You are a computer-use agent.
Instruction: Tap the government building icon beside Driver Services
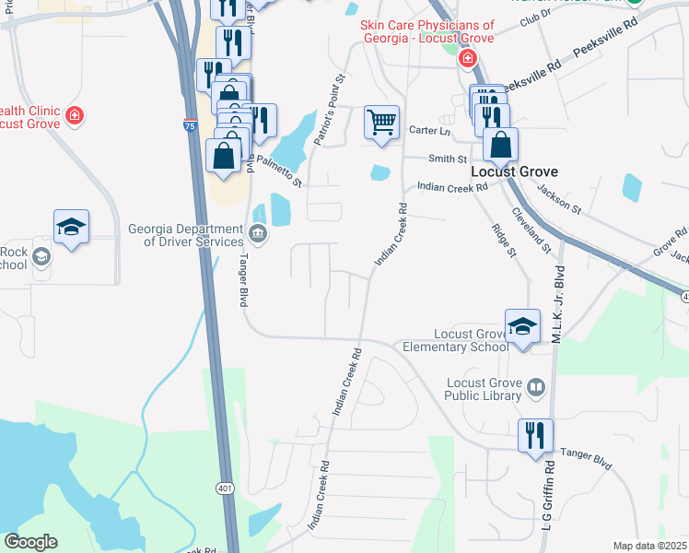pos(259,234)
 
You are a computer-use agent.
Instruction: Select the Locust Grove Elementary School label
pos(455,340)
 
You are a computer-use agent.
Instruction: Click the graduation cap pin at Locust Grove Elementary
pos(522,326)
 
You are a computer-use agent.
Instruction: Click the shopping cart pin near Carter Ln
pos(381,122)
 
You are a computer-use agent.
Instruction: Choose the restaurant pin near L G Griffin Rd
pos(535,434)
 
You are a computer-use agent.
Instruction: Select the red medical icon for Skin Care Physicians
pos(468,59)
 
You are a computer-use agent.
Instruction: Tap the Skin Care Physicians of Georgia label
pos(426,32)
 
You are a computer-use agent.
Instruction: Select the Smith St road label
pos(449,159)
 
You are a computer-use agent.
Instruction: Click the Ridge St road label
pos(501,244)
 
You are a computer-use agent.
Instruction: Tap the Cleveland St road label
pos(540,233)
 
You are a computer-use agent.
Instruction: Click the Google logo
pos(30,542)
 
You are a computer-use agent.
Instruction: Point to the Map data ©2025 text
pos(649,546)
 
